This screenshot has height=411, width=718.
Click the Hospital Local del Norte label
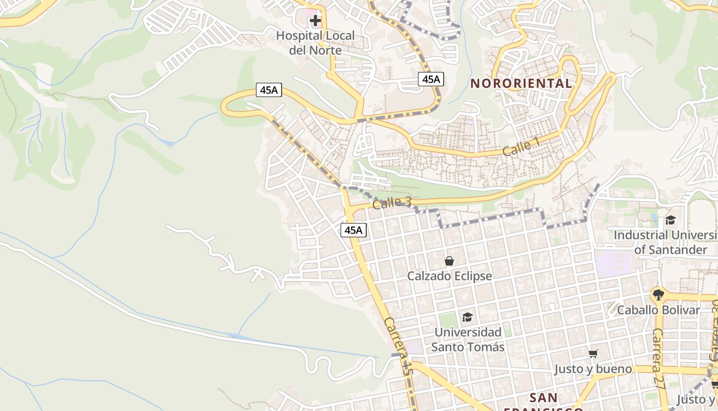tap(315, 43)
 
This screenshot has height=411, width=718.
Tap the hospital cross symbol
tap(315, 21)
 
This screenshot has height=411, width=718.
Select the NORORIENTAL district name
tap(521, 83)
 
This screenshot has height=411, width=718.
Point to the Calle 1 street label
tap(521, 147)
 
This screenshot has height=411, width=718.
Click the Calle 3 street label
tap(392, 203)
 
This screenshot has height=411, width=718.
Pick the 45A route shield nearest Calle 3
tap(353, 230)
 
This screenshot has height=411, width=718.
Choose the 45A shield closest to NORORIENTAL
tap(431, 79)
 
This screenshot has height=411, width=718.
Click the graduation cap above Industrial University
tap(670, 220)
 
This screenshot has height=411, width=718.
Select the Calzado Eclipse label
tap(449, 276)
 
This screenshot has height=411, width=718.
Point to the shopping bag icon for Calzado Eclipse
tap(449, 261)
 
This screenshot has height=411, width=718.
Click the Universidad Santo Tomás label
tap(467, 340)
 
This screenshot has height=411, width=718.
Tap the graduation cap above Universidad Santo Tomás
tap(467, 317)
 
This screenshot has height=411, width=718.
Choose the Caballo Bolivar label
tap(658, 310)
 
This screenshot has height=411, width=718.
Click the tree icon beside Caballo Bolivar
tap(658, 295)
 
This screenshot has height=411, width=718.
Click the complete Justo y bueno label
tap(593, 369)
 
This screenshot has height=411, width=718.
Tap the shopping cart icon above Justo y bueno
tap(593, 353)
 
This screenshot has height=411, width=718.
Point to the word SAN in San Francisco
tap(544, 398)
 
